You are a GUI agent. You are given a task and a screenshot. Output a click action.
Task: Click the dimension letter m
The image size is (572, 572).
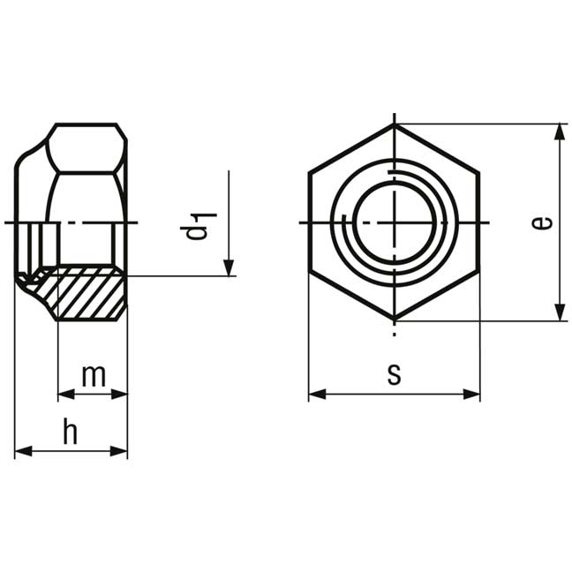tap(94, 376)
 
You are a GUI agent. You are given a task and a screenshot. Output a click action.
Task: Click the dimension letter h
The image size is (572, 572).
tap(71, 431)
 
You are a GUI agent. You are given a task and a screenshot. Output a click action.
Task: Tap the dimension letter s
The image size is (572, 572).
tap(394, 375)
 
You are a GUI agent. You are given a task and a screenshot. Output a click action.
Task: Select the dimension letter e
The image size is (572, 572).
tap(542, 222)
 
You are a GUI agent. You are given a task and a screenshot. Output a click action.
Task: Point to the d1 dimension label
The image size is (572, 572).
tap(199, 225)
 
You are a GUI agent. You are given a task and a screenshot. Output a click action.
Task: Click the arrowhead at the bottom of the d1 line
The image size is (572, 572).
tap(229, 267)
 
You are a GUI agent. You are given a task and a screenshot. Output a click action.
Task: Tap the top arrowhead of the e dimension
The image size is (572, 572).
tap(560, 132)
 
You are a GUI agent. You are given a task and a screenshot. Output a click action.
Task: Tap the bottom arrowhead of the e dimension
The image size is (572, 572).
tap(560, 312)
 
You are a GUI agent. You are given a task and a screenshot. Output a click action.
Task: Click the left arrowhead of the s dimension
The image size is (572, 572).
tap(318, 394)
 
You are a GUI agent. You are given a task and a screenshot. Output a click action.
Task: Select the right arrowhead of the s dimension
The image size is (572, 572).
tap(471, 394)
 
